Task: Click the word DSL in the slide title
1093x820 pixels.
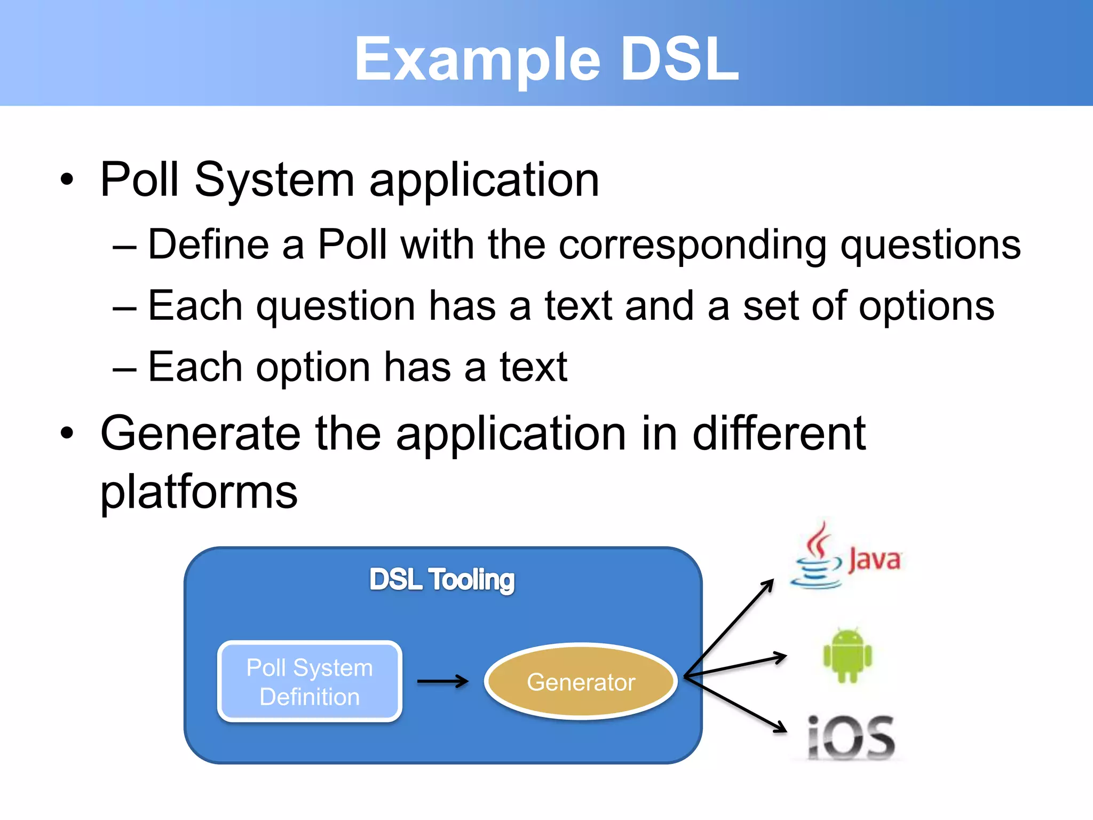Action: [679, 59]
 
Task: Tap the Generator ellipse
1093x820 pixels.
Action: [581, 682]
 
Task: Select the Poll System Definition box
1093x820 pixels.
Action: [310, 682]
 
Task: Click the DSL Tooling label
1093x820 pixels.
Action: [442, 580]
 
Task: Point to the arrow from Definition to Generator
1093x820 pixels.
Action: [442, 681]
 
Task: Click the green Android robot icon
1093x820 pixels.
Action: [847, 656]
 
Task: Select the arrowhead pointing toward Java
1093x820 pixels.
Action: [769, 585]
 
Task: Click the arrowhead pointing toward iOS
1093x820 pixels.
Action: [781, 728]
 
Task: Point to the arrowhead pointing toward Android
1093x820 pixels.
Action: [781, 657]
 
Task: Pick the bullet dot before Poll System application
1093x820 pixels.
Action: [66, 179]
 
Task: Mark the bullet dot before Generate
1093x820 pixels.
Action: [66, 433]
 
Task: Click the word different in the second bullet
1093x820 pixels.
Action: [779, 433]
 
